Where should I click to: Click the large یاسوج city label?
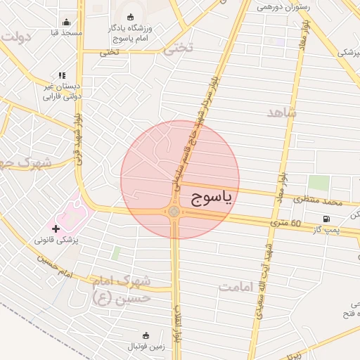[210, 199]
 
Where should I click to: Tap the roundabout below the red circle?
[174, 212]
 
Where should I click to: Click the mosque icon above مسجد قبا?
[66, 22]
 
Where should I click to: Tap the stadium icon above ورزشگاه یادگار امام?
[130, 17]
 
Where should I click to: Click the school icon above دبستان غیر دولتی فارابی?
[63, 75]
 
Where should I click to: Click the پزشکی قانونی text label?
[58, 240]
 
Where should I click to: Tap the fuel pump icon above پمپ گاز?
[326, 219]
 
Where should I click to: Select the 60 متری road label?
[287, 224]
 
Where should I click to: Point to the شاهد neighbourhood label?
[282, 112]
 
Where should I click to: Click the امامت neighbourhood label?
[235, 286]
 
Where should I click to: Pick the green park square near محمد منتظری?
[319, 184]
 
